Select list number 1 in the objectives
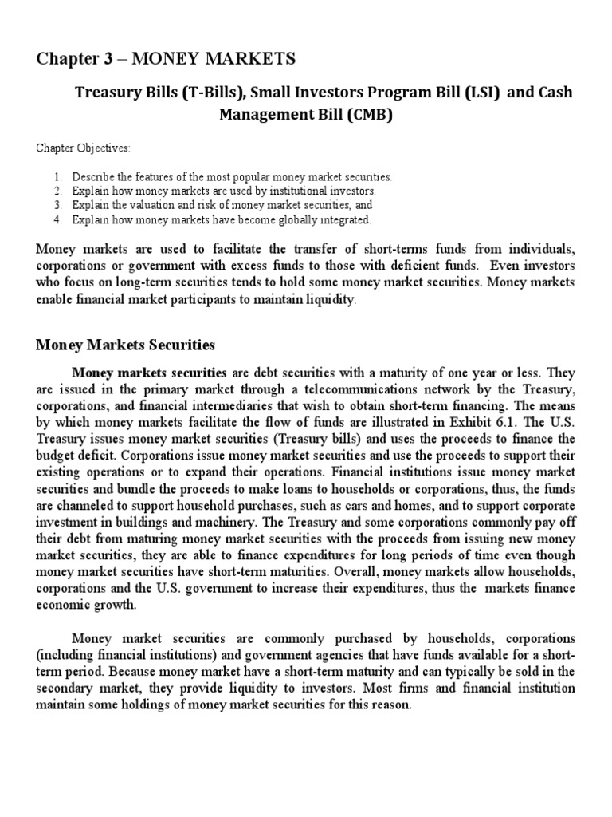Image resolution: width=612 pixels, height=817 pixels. [x=58, y=176]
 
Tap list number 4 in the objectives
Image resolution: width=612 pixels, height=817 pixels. [x=58, y=219]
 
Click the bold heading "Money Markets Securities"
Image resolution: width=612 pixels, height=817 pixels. [x=125, y=345]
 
